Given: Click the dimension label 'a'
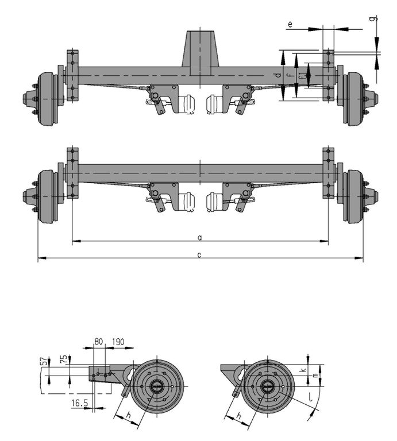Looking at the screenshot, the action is pos(199,238).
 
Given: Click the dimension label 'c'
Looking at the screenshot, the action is pos(199,255).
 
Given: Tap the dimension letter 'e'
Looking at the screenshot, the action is pos(290,25).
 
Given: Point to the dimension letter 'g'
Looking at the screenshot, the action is pos(373,18).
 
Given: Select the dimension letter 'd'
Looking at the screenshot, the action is pos(278,75).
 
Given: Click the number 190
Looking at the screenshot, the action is pos(118,342).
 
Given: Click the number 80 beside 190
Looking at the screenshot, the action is pos(98,342).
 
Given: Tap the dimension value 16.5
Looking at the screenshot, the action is pos(80,403).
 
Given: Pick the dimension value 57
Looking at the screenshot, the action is pos(44,361).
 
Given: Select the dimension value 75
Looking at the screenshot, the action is pos(64,359).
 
